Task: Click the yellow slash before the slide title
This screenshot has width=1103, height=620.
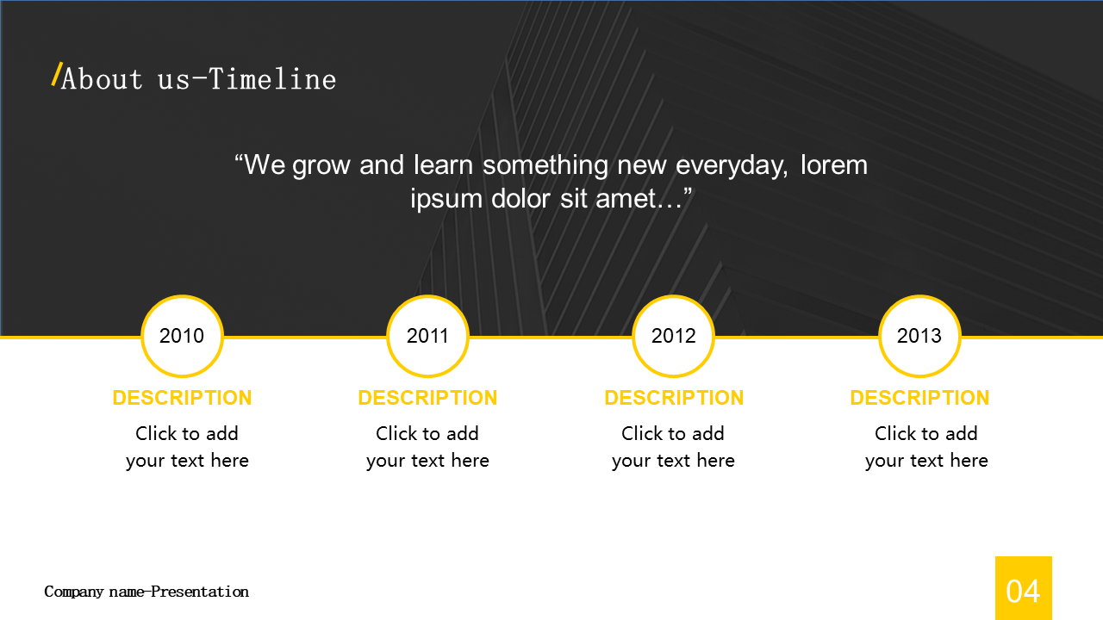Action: tap(57, 74)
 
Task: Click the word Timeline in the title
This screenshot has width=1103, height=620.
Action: tap(272, 78)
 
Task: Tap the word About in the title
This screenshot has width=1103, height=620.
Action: tap(102, 78)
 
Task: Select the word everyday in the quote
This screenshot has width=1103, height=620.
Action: tap(732, 166)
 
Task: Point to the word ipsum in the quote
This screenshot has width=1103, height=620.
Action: tap(446, 199)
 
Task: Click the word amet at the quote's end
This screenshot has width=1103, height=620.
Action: tap(626, 198)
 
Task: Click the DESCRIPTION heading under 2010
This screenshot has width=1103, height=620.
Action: tap(182, 398)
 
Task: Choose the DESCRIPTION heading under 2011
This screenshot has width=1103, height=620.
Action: tap(428, 398)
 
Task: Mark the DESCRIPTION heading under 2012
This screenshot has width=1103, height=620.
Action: tap(674, 398)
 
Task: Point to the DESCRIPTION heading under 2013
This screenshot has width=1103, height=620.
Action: tap(919, 398)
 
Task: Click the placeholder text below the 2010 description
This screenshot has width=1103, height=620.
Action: tap(187, 447)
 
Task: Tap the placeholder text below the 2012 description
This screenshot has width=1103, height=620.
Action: tap(673, 447)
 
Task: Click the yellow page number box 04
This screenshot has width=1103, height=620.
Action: tap(1024, 588)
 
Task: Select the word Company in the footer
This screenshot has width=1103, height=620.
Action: tap(74, 592)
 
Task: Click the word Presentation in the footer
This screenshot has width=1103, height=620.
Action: tap(200, 592)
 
